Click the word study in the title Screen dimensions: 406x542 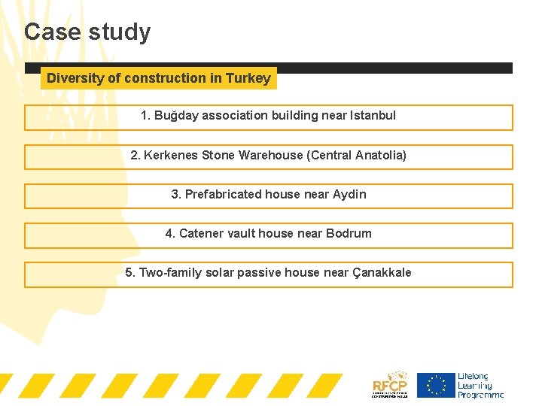click(x=120, y=32)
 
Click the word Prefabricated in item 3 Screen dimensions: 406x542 click(x=224, y=194)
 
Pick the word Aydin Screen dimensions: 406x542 click(x=350, y=194)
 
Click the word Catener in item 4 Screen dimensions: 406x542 click(x=202, y=233)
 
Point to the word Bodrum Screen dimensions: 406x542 click(x=349, y=233)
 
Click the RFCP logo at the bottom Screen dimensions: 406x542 click(x=390, y=384)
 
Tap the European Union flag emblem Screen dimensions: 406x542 click(x=437, y=385)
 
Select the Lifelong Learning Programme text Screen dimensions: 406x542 click(x=480, y=385)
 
